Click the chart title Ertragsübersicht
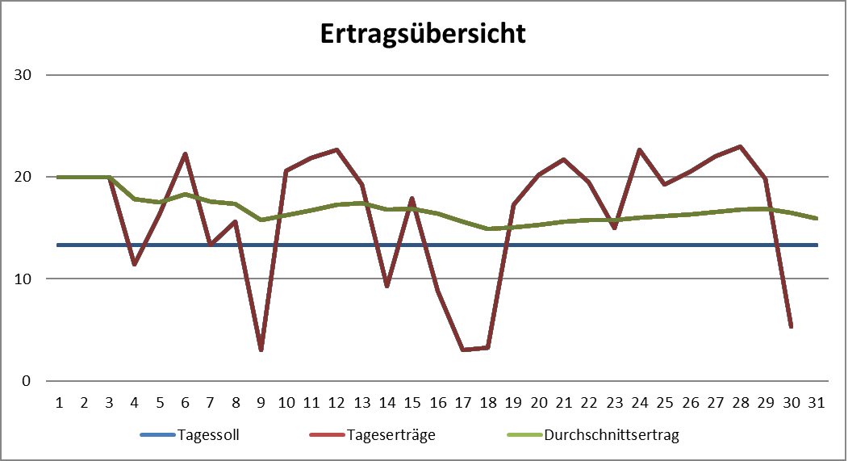coord(423,33)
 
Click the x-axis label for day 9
coord(261,402)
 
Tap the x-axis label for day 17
coord(463,402)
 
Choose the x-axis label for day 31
coord(817,402)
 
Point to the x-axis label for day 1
coord(59,402)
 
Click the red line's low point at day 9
coord(261,350)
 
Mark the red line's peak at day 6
coord(185,153)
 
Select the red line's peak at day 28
coord(741,146)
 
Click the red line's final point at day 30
coord(792,327)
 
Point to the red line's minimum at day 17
coord(463,350)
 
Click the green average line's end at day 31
coord(817,218)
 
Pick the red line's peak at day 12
coord(336,149)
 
